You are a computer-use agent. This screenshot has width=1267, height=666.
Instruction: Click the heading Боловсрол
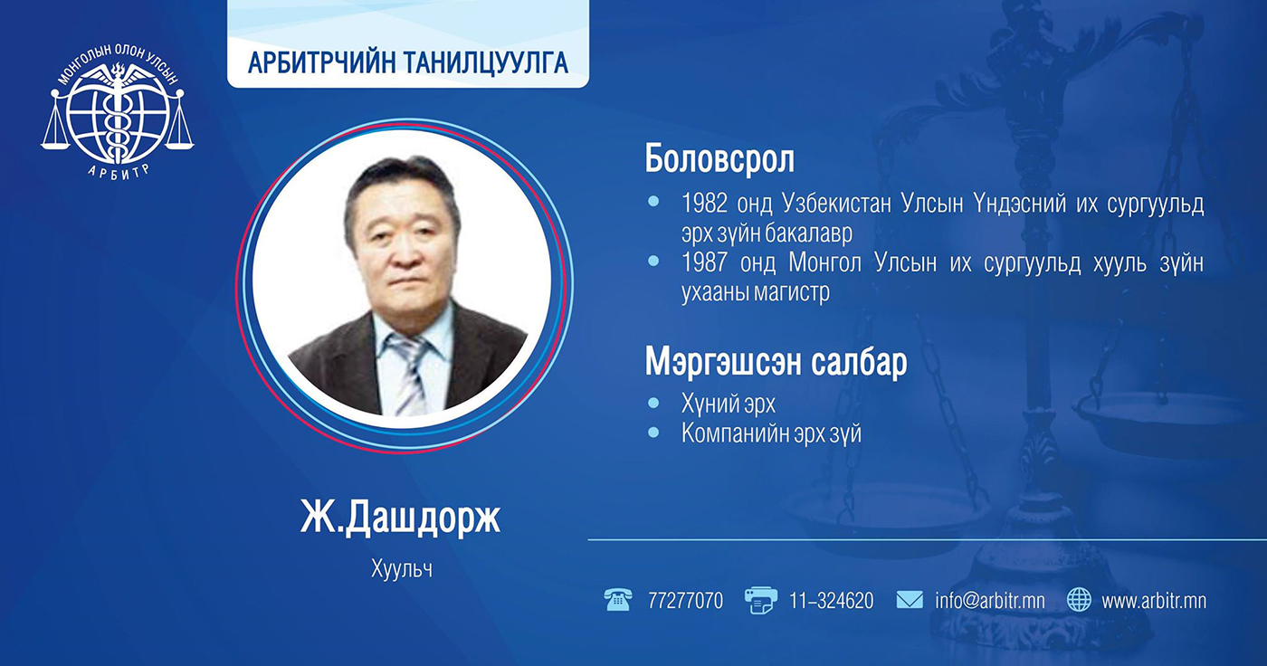coord(719,159)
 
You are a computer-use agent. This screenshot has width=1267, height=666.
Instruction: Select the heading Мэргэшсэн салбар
coord(776,362)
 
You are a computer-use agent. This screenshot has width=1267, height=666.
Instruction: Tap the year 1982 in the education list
coord(704,204)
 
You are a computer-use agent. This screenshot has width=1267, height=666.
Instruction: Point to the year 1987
coord(704,262)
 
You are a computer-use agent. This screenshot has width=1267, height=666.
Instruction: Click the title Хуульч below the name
coord(402,569)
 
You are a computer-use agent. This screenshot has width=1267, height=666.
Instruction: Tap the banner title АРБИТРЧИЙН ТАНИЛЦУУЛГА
coord(408,62)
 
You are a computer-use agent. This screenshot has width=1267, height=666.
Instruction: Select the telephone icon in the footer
coord(617,600)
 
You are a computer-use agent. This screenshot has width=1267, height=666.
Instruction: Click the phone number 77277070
coord(686,601)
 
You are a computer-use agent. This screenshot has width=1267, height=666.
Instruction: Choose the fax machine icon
coord(760,600)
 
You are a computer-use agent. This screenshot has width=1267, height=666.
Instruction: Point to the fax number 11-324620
coord(831,601)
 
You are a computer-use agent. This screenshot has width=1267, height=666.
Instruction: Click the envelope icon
coord(910,600)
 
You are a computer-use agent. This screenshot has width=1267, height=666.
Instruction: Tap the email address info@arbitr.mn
coord(990,601)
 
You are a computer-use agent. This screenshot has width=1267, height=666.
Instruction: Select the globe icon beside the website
coord(1079,600)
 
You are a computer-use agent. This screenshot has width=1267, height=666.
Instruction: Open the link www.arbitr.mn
coord(1154,601)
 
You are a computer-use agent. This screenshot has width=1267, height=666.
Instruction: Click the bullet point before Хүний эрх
coord(653,403)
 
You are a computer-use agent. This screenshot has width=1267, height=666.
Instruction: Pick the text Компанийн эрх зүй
coord(771,433)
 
